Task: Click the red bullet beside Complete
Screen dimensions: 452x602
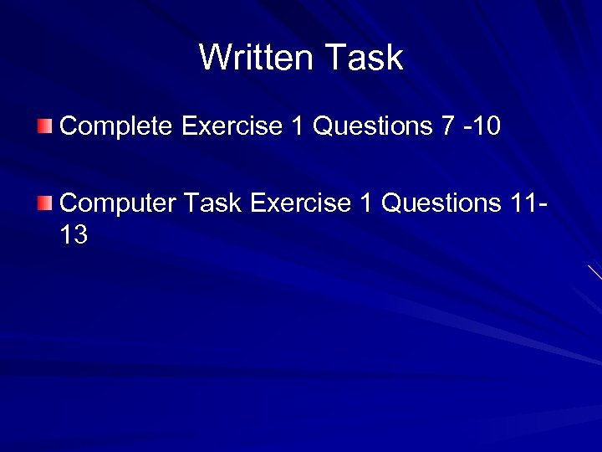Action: point(44,126)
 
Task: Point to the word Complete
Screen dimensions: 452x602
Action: point(116,126)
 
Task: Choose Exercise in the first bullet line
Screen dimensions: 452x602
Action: point(232,126)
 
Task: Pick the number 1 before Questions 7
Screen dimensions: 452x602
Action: point(298,126)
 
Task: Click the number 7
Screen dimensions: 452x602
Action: point(448,126)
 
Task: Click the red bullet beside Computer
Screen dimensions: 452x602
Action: point(44,203)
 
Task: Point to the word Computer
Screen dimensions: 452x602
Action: point(118,203)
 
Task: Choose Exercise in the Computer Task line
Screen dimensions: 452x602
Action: point(299,203)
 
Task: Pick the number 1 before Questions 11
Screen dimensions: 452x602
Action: point(365,203)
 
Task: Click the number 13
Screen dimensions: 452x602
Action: point(74,235)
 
